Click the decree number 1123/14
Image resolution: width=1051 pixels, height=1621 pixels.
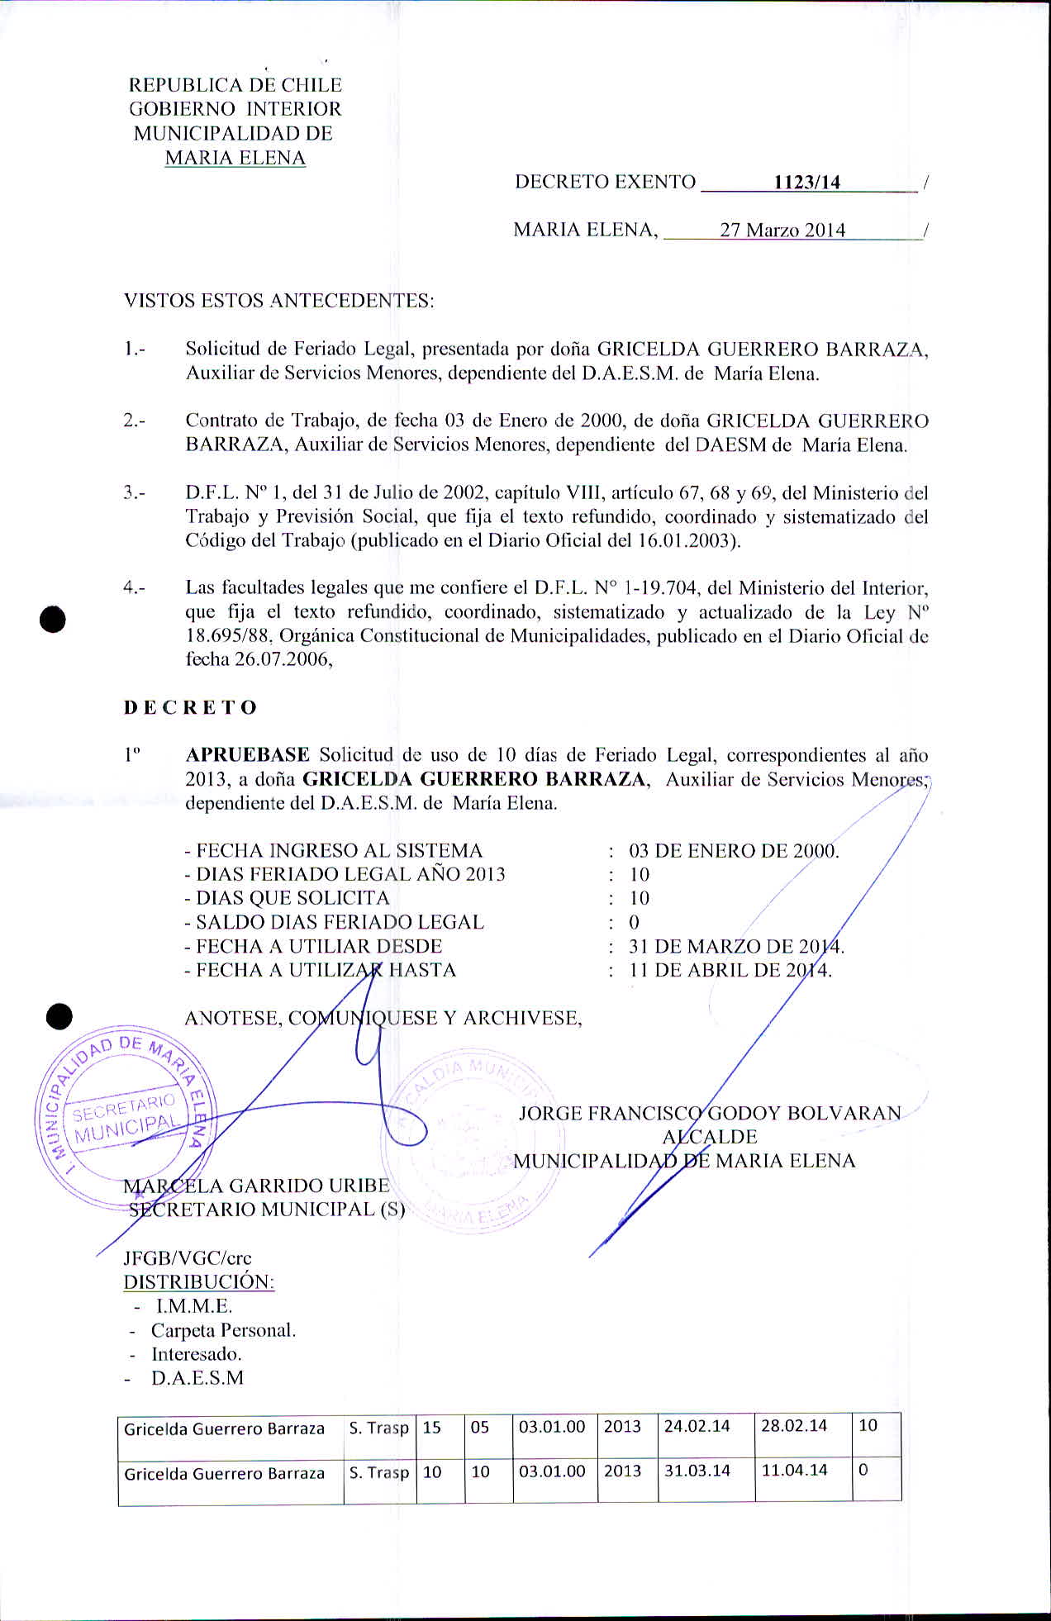pyautogui.click(x=806, y=183)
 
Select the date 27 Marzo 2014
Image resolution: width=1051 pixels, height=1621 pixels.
pyautogui.click(x=782, y=231)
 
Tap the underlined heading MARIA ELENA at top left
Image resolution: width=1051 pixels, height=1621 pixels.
pyautogui.click(x=235, y=158)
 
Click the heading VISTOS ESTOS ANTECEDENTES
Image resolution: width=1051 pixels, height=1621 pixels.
pyautogui.click(x=278, y=301)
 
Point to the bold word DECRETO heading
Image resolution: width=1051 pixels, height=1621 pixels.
pyautogui.click(x=191, y=708)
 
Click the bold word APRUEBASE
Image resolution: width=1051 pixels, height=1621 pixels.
pyautogui.click(x=248, y=755)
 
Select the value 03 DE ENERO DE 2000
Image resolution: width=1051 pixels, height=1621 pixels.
pyautogui.click(x=734, y=851)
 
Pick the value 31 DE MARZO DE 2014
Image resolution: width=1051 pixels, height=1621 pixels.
pyautogui.click(x=736, y=947)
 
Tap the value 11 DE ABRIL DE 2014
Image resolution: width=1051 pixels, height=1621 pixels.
pyautogui.click(x=730, y=970)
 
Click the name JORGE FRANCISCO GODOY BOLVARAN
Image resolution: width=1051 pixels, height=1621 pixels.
pyautogui.click(x=710, y=1113)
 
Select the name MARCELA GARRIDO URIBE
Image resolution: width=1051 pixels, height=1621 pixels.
pyautogui.click(x=256, y=1186)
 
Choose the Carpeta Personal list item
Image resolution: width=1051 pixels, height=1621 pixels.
pyautogui.click(x=223, y=1330)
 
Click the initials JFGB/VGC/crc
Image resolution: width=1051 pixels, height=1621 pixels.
pyautogui.click(x=188, y=1257)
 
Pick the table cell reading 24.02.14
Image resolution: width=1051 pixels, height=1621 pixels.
pyautogui.click(x=697, y=1426)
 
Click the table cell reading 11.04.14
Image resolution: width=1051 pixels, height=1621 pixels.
pyautogui.click(x=794, y=1471)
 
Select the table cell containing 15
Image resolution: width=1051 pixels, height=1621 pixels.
pyautogui.click(x=432, y=1427)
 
